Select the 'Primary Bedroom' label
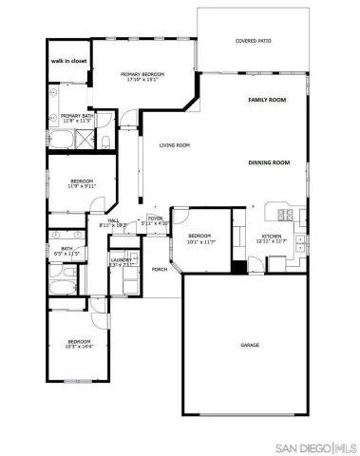tap(140, 73)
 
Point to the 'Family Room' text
tap(267, 100)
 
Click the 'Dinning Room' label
tap(268, 163)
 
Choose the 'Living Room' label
tap(175, 145)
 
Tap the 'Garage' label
tap(250, 345)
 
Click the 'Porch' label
tap(160, 269)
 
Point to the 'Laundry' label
tap(121, 259)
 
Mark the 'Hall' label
tap(113, 220)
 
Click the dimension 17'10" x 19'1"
tap(140, 80)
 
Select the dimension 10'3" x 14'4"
tap(78, 347)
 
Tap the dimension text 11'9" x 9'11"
tap(82, 186)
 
